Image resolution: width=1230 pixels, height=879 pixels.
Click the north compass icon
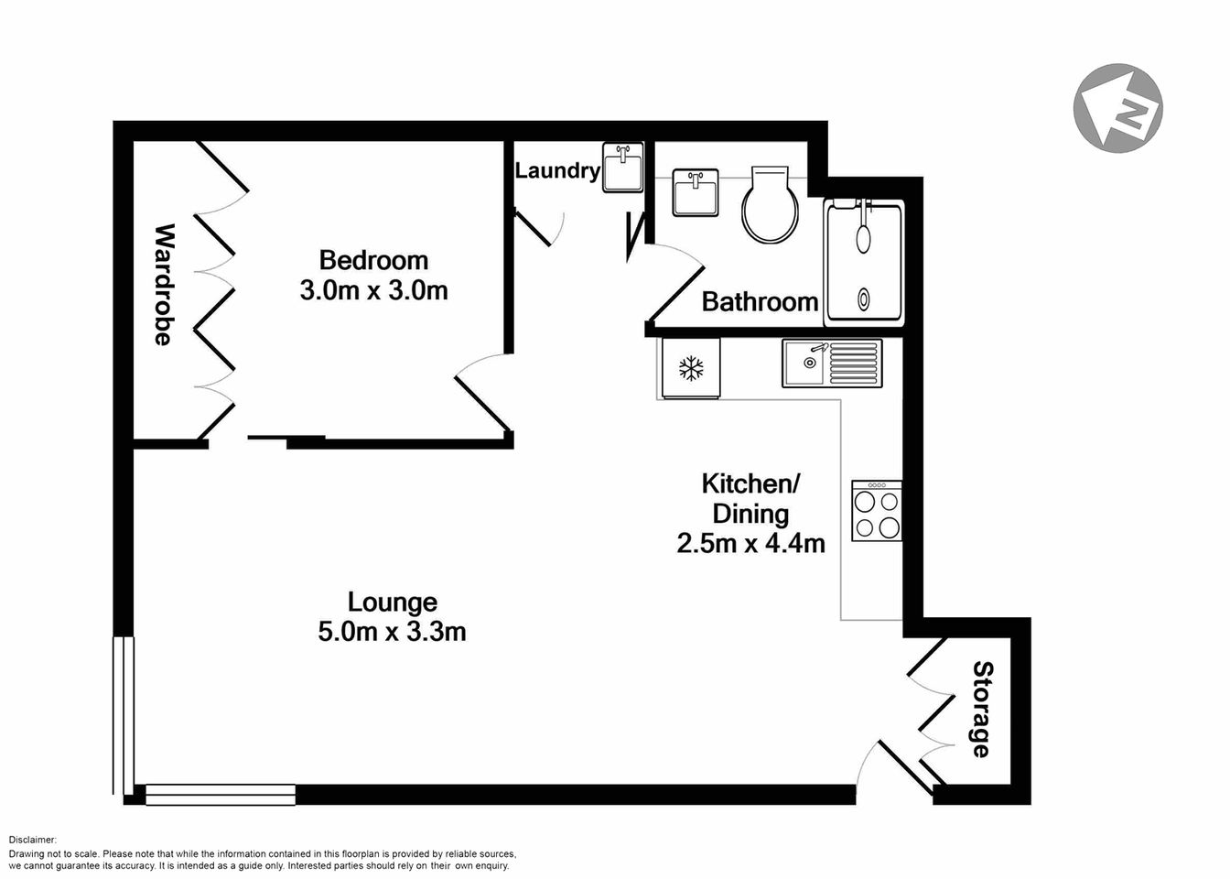pyautogui.click(x=1117, y=108)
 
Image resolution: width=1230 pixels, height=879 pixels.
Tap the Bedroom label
pyautogui.click(x=372, y=261)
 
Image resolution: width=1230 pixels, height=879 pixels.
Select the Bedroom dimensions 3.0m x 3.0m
pyautogui.click(x=373, y=291)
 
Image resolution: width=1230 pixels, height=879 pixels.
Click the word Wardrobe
pyautogui.click(x=162, y=284)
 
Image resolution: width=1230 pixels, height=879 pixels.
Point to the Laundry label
pyautogui.click(x=556, y=170)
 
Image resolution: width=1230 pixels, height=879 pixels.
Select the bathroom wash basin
pyautogui.click(x=696, y=192)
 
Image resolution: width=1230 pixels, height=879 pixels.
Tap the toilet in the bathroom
pyautogui.click(x=770, y=206)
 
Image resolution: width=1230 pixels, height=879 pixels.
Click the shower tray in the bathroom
pyautogui.click(x=864, y=263)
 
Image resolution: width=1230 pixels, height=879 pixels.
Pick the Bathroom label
pyautogui.click(x=760, y=301)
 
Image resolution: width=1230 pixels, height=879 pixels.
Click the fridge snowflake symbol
pyautogui.click(x=691, y=369)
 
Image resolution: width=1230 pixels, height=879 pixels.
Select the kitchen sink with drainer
pyautogui.click(x=832, y=364)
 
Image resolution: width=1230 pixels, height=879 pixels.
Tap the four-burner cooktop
pyautogui.click(x=877, y=511)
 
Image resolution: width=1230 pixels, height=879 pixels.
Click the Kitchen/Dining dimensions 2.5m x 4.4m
pyautogui.click(x=750, y=543)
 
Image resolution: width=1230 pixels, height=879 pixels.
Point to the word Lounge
pyautogui.click(x=393, y=602)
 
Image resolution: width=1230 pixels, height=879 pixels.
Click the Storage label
pyautogui.click(x=981, y=709)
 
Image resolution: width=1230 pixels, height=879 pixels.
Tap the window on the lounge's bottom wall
pyautogui.click(x=221, y=794)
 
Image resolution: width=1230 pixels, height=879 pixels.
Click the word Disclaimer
pyautogui.click(x=33, y=840)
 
